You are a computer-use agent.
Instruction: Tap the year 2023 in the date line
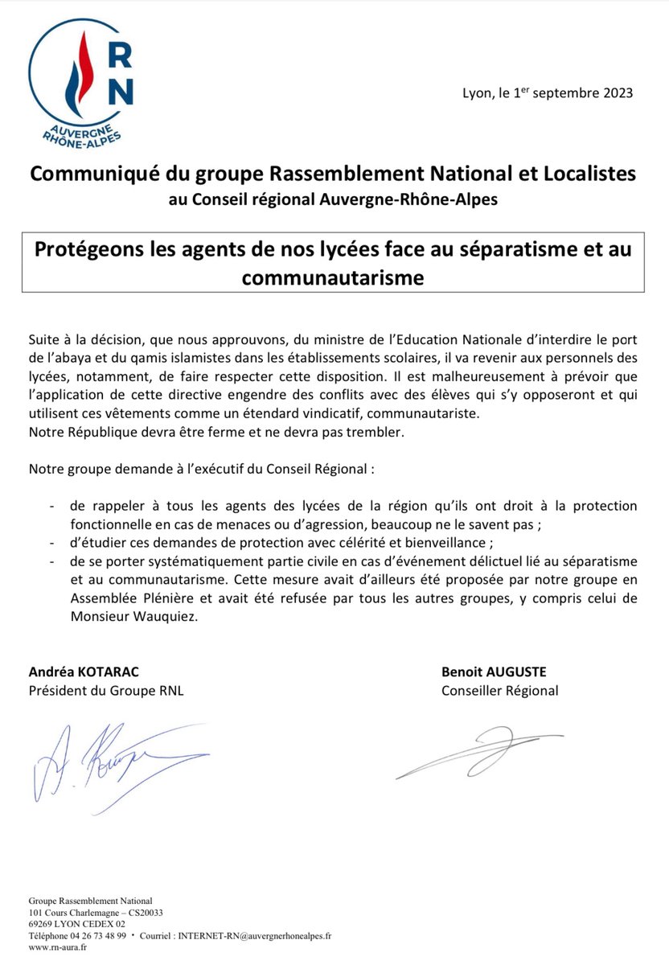click(616, 93)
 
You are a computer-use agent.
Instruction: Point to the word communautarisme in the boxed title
click(333, 277)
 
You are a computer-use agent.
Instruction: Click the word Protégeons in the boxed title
click(86, 248)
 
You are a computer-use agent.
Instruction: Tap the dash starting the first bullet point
click(52, 507)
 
